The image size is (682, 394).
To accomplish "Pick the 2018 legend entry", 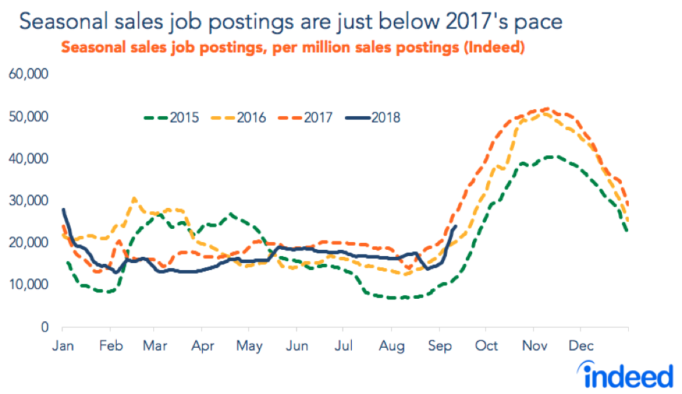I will pos(385,118).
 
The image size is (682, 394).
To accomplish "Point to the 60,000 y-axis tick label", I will pos(30,74).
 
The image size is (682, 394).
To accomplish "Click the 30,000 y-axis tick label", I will pos(30,201).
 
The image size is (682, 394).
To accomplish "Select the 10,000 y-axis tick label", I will pos(30,285).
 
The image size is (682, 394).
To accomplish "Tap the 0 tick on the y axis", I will pos(43,327).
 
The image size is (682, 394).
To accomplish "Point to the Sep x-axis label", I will pos(439,346).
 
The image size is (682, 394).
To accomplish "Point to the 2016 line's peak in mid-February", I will pos(134,199).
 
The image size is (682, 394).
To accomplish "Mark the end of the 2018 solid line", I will pos(456,226).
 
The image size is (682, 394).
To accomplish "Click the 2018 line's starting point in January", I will pos(64,209).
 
